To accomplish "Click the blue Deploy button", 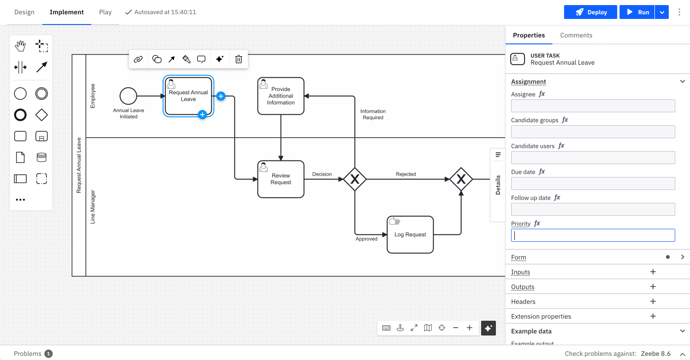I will pos(591,12).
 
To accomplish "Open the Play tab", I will pos(105,12).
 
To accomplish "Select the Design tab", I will pos(24,12).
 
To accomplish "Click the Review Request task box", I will pos(281,179).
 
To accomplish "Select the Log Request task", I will pos(410,235).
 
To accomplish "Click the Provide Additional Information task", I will pos(281,96).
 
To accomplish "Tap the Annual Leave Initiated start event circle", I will pos(128,96).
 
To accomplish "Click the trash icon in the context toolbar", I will pos(238,59).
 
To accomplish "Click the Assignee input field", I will pos(592,106).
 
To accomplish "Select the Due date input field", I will pos(592,183).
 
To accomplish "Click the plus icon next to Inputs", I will pos(653,272).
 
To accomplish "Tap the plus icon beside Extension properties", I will pos(653,317).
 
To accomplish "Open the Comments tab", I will pos(576,35).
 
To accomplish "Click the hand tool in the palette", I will pos(20,46).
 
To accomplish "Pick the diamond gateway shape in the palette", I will pos(42,115).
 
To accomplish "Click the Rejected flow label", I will pos(406,174).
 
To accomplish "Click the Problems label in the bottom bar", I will pos(28,354).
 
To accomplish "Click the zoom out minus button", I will pos(456,328).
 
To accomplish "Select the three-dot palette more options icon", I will pos(20,200).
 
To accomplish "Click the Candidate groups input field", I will pos(592,132).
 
